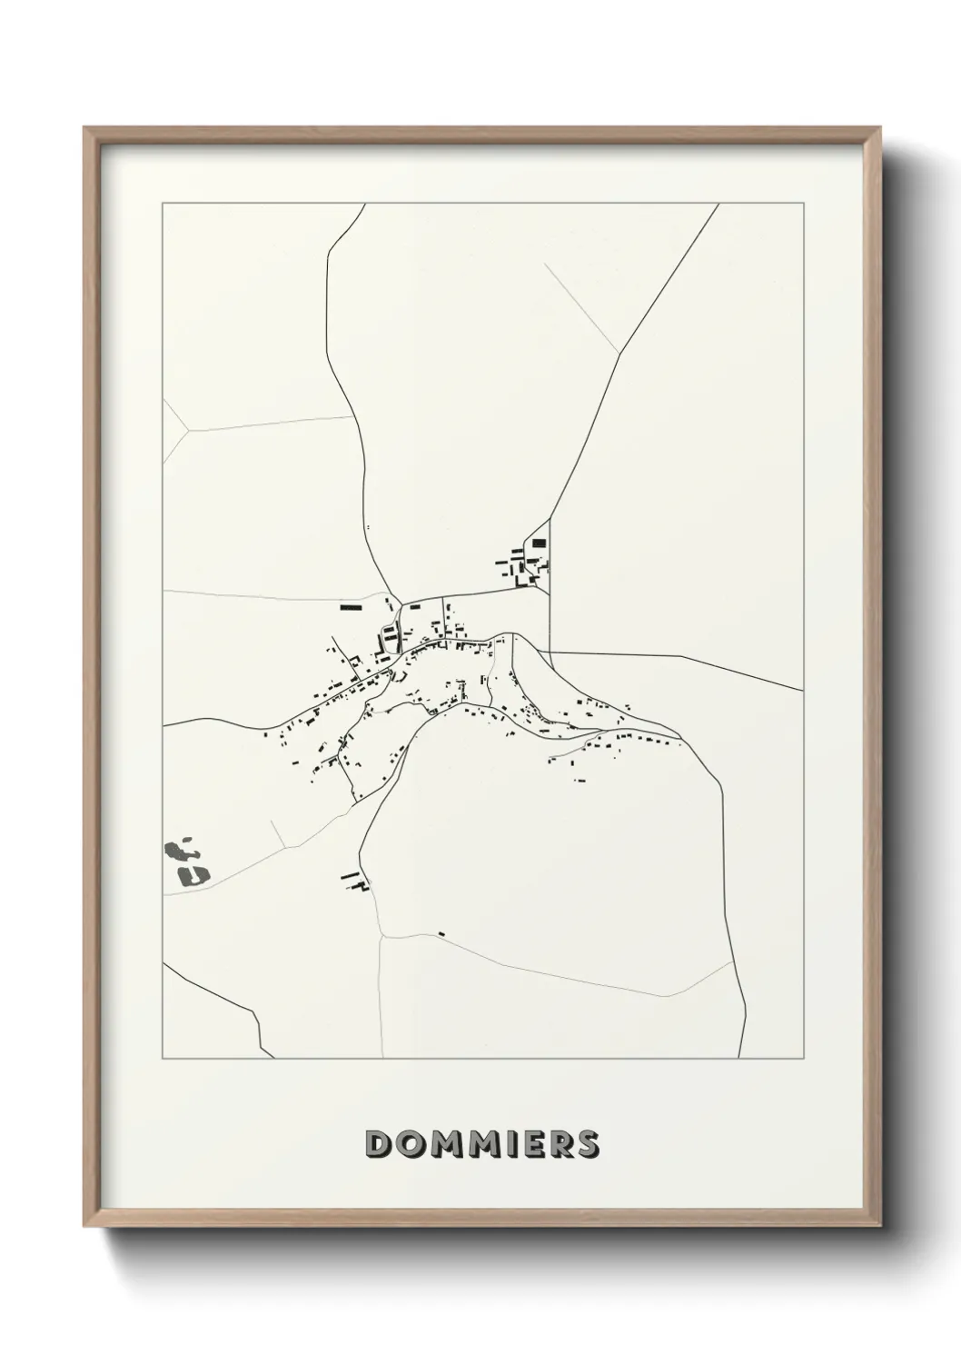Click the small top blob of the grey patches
[188, 841]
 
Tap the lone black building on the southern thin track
[441, 933]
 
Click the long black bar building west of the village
[351, 606]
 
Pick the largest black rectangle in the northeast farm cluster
[539, 543]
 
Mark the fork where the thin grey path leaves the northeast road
[619, 354]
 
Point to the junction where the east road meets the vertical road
[550, 653]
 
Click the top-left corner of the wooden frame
[84, 127]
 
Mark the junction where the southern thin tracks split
[382, 936]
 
